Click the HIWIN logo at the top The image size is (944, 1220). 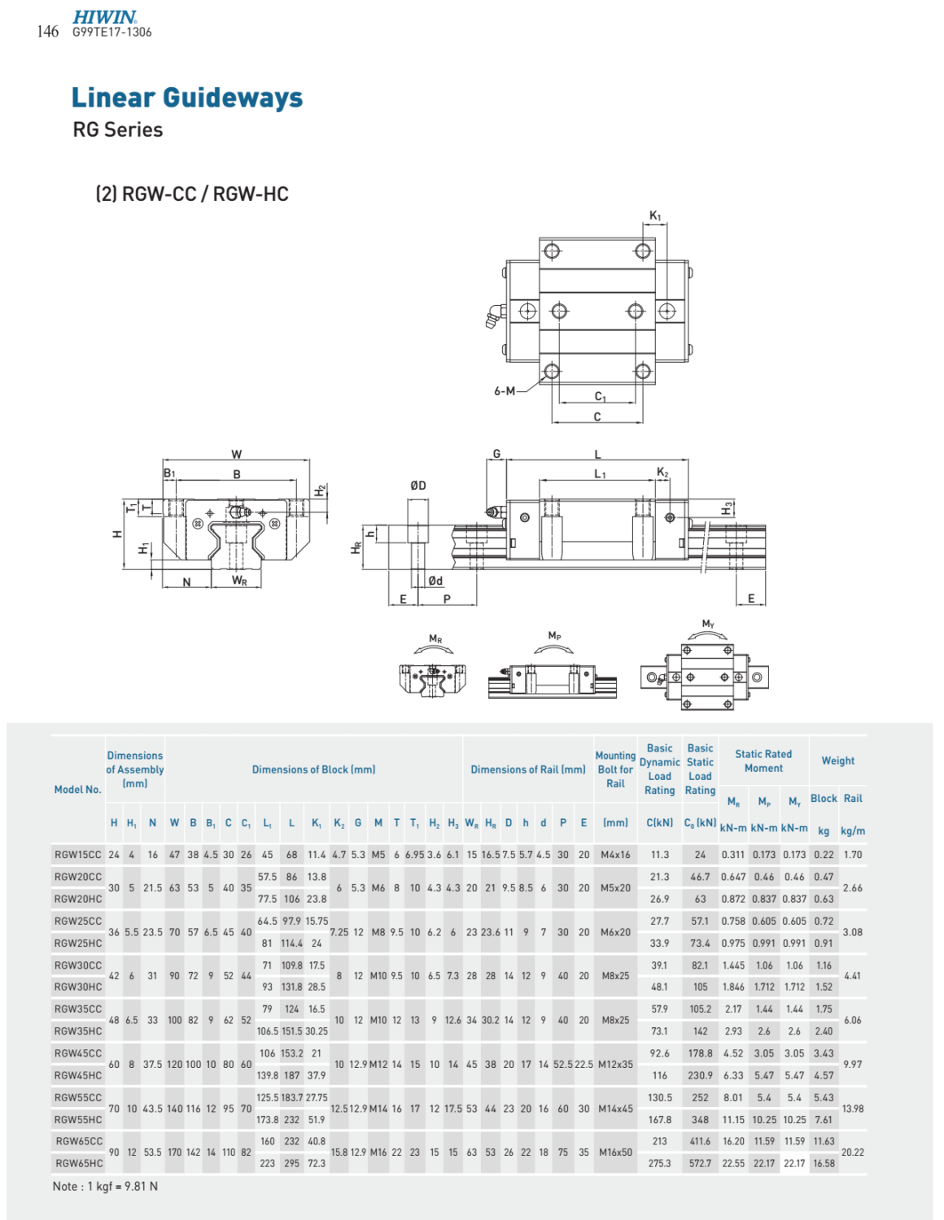104,17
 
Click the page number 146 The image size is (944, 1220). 47,32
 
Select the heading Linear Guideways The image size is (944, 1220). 186,98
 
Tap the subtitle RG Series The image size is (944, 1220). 117,130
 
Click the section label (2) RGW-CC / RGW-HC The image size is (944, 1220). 192,194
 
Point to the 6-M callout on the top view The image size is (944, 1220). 505,391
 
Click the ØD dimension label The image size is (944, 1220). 417,486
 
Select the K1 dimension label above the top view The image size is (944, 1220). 655,216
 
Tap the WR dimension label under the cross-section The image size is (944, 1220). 238,581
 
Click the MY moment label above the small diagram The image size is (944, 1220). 708,625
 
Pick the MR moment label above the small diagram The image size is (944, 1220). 435,639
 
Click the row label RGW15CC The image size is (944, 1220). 78,855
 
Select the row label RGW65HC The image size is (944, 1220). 78,1163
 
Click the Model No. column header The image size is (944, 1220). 77,790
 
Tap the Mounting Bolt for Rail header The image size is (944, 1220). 615,769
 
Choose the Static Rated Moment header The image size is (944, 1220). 763,761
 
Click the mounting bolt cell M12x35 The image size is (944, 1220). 615,1064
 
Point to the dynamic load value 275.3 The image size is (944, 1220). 659,1163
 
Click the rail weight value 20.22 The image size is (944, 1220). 852,1152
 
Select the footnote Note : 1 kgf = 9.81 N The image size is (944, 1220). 105,1187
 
